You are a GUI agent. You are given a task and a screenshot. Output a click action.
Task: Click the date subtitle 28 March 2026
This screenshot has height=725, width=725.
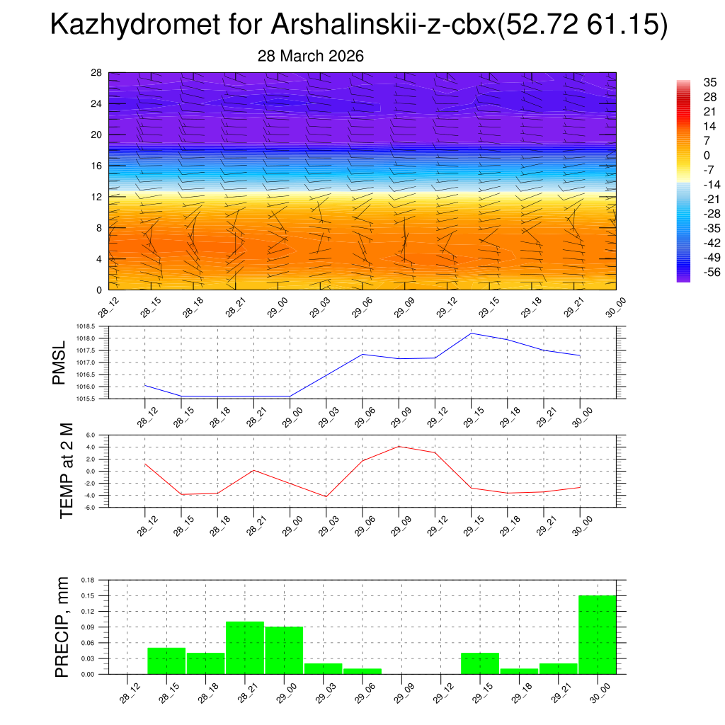click(310, 56)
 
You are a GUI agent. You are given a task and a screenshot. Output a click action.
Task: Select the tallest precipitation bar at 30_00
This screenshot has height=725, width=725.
click(597, 634)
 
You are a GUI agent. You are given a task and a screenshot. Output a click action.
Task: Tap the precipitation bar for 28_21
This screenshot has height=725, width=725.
click(245, 648)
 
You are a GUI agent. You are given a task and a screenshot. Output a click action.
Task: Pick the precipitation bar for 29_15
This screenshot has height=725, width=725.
click(479, 663)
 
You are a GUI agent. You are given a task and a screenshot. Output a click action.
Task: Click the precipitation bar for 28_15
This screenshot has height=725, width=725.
click(166, 661)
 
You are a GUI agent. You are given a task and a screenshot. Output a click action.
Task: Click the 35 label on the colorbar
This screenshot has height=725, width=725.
click(690, 82)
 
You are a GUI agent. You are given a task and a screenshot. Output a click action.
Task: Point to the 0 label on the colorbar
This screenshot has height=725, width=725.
click(686, 155)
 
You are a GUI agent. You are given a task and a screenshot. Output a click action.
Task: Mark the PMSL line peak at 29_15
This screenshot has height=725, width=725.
click(472, 333)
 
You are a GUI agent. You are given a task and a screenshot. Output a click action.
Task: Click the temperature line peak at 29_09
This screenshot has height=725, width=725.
click(399, 446)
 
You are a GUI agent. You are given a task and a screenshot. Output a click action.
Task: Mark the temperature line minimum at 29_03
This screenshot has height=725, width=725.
click(326, 496)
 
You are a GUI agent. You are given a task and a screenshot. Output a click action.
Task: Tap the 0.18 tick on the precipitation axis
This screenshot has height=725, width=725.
click(89, 580)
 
